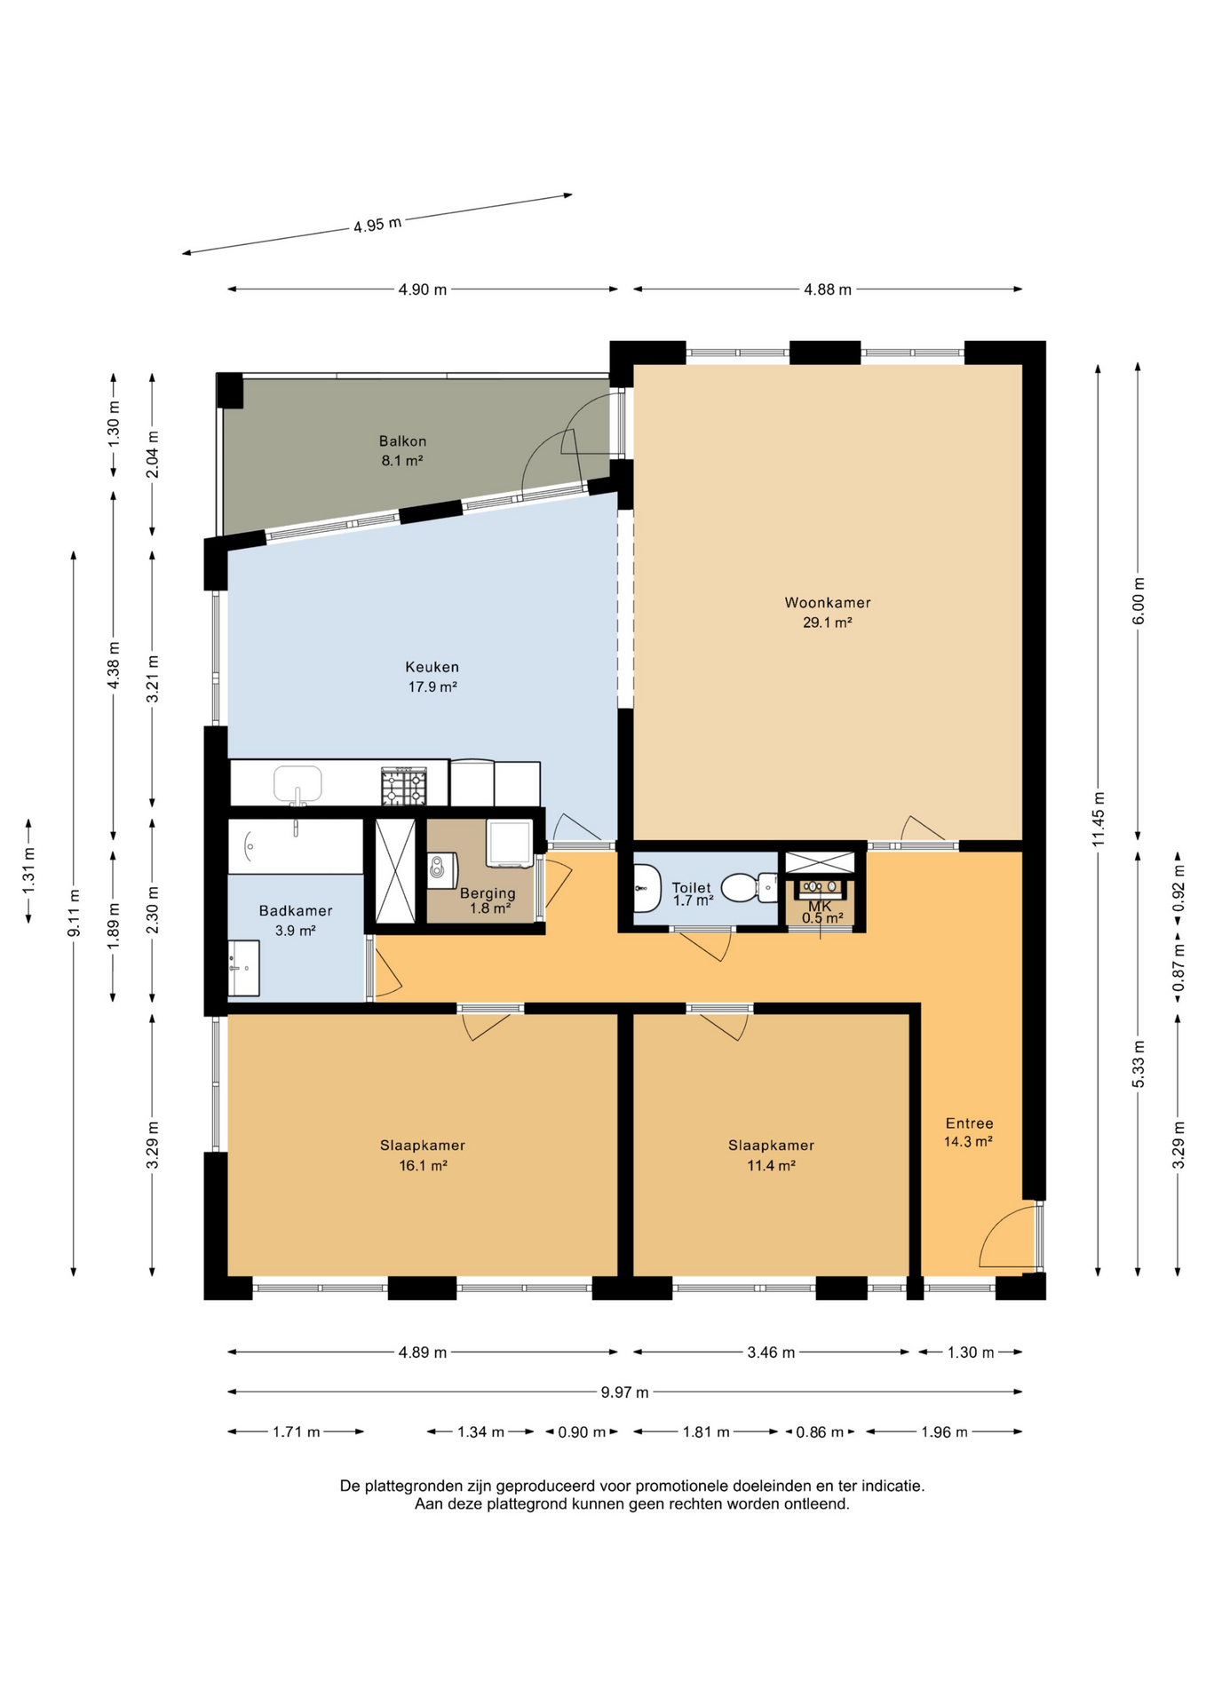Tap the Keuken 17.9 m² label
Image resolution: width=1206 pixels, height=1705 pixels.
(432, 676)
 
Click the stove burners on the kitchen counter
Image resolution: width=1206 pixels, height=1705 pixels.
(404, 787)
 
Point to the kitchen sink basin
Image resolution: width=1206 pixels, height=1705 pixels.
(298, 784)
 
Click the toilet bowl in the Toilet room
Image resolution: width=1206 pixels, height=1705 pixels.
(742, 887)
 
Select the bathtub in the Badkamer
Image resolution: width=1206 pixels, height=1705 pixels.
(296, 846)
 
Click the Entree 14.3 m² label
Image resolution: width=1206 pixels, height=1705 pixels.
(968, 1132)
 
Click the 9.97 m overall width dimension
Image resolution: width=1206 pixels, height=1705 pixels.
(625, 1392)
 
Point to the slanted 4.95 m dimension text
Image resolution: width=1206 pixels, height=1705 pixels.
(377, 225)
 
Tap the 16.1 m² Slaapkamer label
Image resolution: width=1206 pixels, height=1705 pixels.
(423, 1155)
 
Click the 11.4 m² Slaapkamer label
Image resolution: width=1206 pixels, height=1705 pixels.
(771, 1155)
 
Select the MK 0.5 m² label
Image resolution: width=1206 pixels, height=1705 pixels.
(821, 912)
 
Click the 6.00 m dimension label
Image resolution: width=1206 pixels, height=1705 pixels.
(1139, 601)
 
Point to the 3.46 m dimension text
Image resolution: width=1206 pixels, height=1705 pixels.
(771, 1352)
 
